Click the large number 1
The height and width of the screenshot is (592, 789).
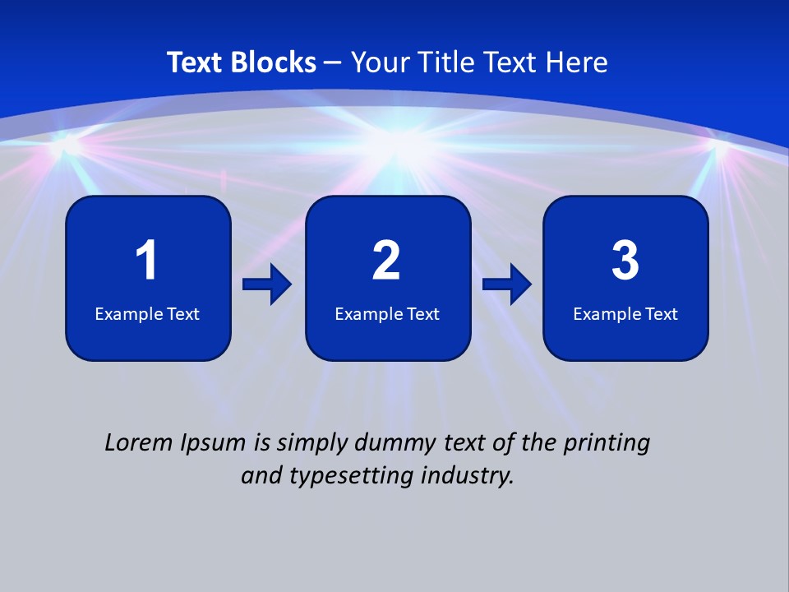[147, 261]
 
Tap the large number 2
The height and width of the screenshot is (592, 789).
[386, 261]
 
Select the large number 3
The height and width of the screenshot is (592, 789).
[625, 261]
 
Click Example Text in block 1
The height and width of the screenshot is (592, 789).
[147, 313]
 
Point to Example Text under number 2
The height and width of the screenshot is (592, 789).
[387, 313]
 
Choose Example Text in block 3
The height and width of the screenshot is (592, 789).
[625, 313]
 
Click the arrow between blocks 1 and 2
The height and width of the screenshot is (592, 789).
[267, 284]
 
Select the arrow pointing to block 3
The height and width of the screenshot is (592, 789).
[507, 284]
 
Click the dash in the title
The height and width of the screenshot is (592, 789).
[334, 62]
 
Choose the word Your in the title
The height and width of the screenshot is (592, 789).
[381, 62]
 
